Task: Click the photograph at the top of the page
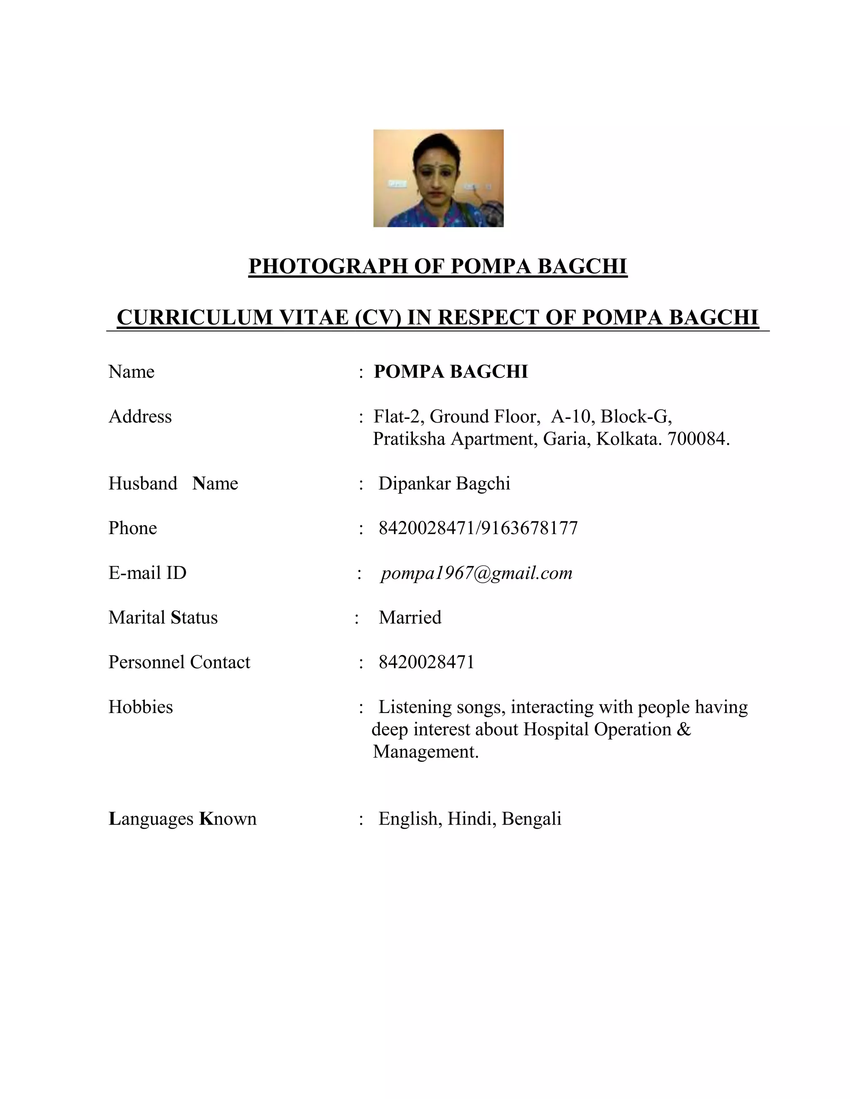click(x=438, y=178)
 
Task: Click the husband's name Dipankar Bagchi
click(x=444, y=484)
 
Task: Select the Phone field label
click(x=132, y=528)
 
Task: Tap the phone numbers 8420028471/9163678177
click(x=478, y=528)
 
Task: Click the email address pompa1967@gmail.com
click(x=476, y=573)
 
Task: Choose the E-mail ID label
click(x=147, y=573)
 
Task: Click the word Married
click(x=410, y=618)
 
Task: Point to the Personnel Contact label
click(x=179, y=663)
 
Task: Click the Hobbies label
click(x=141, y=708)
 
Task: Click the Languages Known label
click(x=182, y=819)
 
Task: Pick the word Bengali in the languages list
click(x=531, y=819)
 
